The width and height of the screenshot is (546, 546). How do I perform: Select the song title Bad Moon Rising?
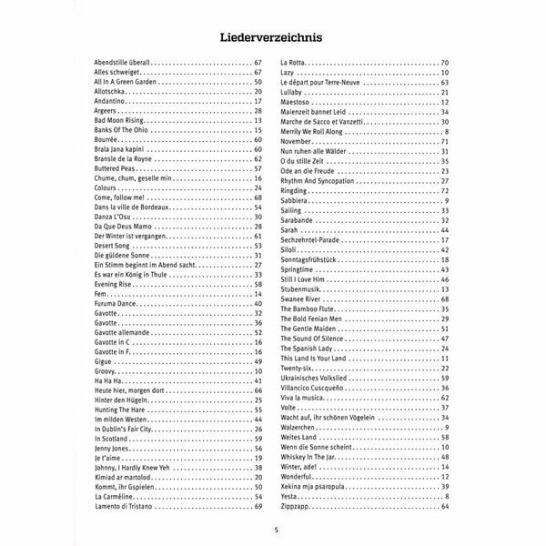[120, 121]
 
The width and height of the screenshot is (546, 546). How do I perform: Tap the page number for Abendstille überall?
[258, 61]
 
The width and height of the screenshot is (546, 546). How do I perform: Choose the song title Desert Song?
[114, 246]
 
